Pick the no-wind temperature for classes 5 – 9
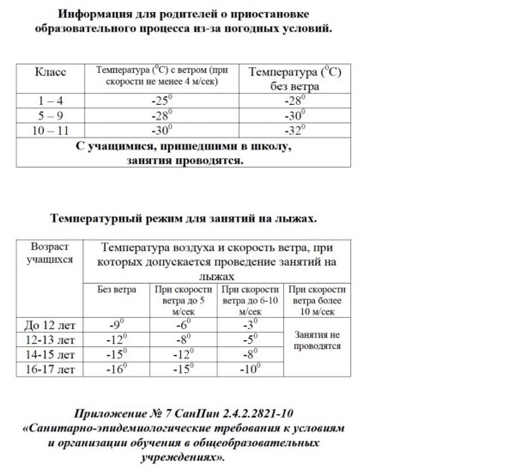(294, 115)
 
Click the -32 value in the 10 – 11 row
(294, 131)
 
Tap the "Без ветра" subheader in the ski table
(115, 289)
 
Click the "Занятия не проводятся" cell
(318, 339)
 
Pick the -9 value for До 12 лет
(115, 325)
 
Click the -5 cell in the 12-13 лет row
(250, 339)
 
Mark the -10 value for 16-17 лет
(250, 370)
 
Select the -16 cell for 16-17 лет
(115, 370)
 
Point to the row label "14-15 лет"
(49, 355)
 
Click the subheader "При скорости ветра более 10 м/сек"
(318, 301)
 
